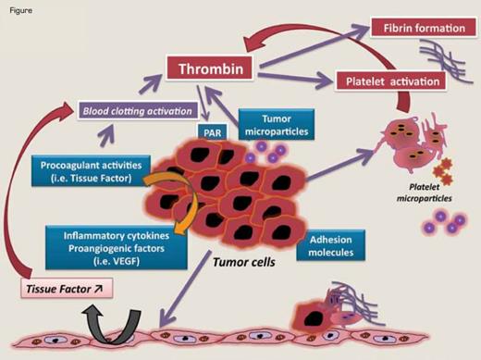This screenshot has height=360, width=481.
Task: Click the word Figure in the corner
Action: pos(18,7)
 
